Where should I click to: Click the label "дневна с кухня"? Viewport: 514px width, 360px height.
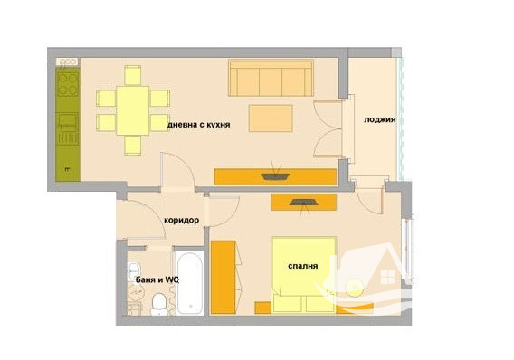199,125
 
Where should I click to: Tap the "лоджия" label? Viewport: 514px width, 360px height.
379,120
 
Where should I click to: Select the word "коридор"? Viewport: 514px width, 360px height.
181,221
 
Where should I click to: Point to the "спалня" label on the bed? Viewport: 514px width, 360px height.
303,266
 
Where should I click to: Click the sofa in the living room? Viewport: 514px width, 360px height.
271,78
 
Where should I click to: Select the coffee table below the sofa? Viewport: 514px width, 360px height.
271,118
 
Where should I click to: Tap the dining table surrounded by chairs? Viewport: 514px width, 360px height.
133,110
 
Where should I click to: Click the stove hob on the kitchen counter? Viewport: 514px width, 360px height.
68,84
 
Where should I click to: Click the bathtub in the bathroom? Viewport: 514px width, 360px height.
189,283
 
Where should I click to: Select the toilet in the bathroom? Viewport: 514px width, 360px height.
159,304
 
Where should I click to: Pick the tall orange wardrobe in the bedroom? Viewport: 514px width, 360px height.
223,277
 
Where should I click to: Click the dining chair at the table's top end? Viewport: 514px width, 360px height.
133,75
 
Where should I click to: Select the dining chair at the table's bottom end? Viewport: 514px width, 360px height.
133,145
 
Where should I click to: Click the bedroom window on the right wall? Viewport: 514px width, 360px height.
408,250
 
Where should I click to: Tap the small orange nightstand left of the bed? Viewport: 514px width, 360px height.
263,308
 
